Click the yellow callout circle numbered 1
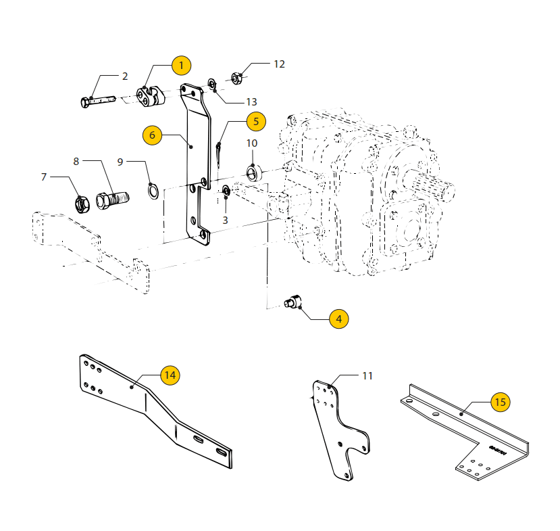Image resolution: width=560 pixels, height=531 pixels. point(181,66)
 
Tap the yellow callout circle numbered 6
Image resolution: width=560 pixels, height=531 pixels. point(152,135)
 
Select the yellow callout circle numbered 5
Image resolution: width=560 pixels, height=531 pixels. point(256,122)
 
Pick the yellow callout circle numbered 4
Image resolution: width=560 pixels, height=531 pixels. point(338,319)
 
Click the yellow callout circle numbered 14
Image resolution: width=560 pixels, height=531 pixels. point(170,375)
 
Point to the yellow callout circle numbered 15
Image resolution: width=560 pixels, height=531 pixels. point(501,402)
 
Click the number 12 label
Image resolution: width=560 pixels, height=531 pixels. point(279,64)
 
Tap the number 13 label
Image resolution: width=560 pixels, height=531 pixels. point(251,102)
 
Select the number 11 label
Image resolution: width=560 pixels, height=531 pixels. point(367,376)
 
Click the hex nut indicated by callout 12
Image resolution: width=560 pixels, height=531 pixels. point(236,78)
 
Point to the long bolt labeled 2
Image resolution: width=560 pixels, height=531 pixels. point(98,101)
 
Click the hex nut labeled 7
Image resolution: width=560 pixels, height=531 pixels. point(82,204)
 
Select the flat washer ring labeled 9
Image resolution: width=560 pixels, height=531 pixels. point(153,191)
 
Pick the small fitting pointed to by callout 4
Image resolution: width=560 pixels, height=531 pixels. point(293,301)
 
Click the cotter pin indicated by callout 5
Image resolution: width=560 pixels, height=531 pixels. point(219,154)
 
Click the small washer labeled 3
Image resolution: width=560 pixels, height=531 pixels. point(226,191)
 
